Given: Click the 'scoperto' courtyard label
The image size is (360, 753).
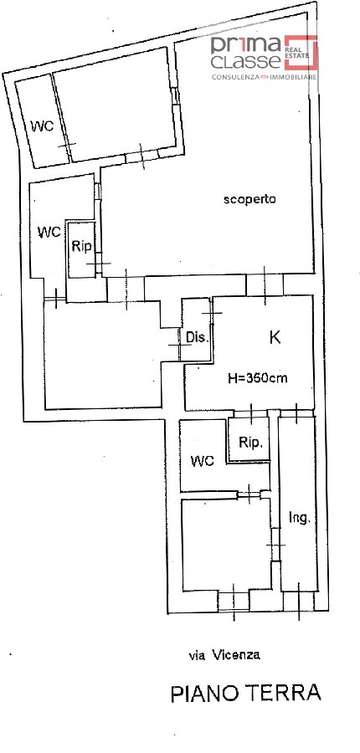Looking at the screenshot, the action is coord(250,199).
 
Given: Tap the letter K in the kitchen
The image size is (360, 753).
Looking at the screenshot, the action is coord(275,338).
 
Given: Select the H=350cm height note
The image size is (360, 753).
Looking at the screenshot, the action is coord(258,378).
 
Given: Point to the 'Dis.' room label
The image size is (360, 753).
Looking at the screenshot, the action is coord(198,338).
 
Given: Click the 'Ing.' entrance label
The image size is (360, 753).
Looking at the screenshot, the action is coord(301,518).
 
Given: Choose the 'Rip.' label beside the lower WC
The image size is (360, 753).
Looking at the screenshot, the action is coord(251,443).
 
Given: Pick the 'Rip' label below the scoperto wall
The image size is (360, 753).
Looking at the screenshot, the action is coord(80,246).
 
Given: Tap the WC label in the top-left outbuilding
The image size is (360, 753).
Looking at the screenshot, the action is coord(43,127).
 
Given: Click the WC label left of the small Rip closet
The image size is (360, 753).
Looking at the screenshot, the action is coord(49,233).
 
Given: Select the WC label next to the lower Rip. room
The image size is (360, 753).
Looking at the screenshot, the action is coord(202,462).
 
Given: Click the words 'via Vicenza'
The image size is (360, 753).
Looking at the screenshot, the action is coord(224,654).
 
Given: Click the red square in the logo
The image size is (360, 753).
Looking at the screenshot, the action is coord(301,52).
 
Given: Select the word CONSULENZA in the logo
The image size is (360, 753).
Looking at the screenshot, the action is coord(236,77).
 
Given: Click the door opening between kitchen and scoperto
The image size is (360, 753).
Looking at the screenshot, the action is coord(265,286).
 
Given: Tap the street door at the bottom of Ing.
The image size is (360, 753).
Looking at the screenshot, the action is coord(299,600).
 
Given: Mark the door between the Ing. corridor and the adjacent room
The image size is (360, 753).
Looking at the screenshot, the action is coord(275,545).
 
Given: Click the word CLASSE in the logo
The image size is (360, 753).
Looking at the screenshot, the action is coord(245,60).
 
